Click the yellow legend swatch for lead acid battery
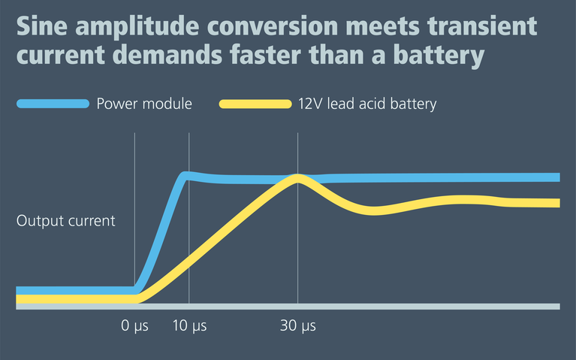point(255,104)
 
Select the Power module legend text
point(144,104)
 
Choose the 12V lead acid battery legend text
point(366,104)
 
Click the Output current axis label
point(66,221)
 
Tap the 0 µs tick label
point(135,326)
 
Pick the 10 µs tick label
point(188,326)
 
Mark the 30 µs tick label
point(298,326)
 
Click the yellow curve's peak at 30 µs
point(298,179)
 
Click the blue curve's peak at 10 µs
point(187,176)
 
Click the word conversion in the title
point(273,27)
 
